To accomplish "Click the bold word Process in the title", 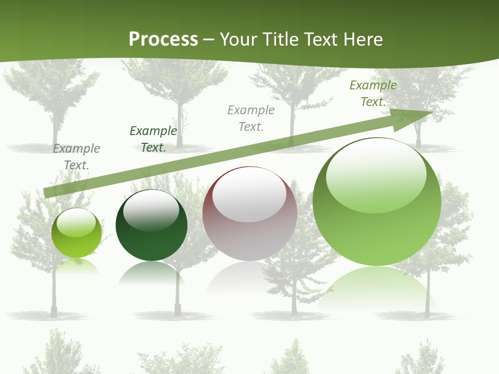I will click(163, 39).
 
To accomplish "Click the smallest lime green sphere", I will click(76, 233).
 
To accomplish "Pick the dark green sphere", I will click(151, 225).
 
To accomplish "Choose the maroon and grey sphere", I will click(249, 213).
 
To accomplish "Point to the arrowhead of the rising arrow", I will click(414, 117).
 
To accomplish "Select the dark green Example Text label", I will click(153, 139).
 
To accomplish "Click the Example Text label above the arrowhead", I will click(373, 94).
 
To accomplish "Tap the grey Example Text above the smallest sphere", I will click(76, 157).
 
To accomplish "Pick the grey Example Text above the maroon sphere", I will click(251, 118).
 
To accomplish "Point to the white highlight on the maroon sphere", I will click(249, 194).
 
